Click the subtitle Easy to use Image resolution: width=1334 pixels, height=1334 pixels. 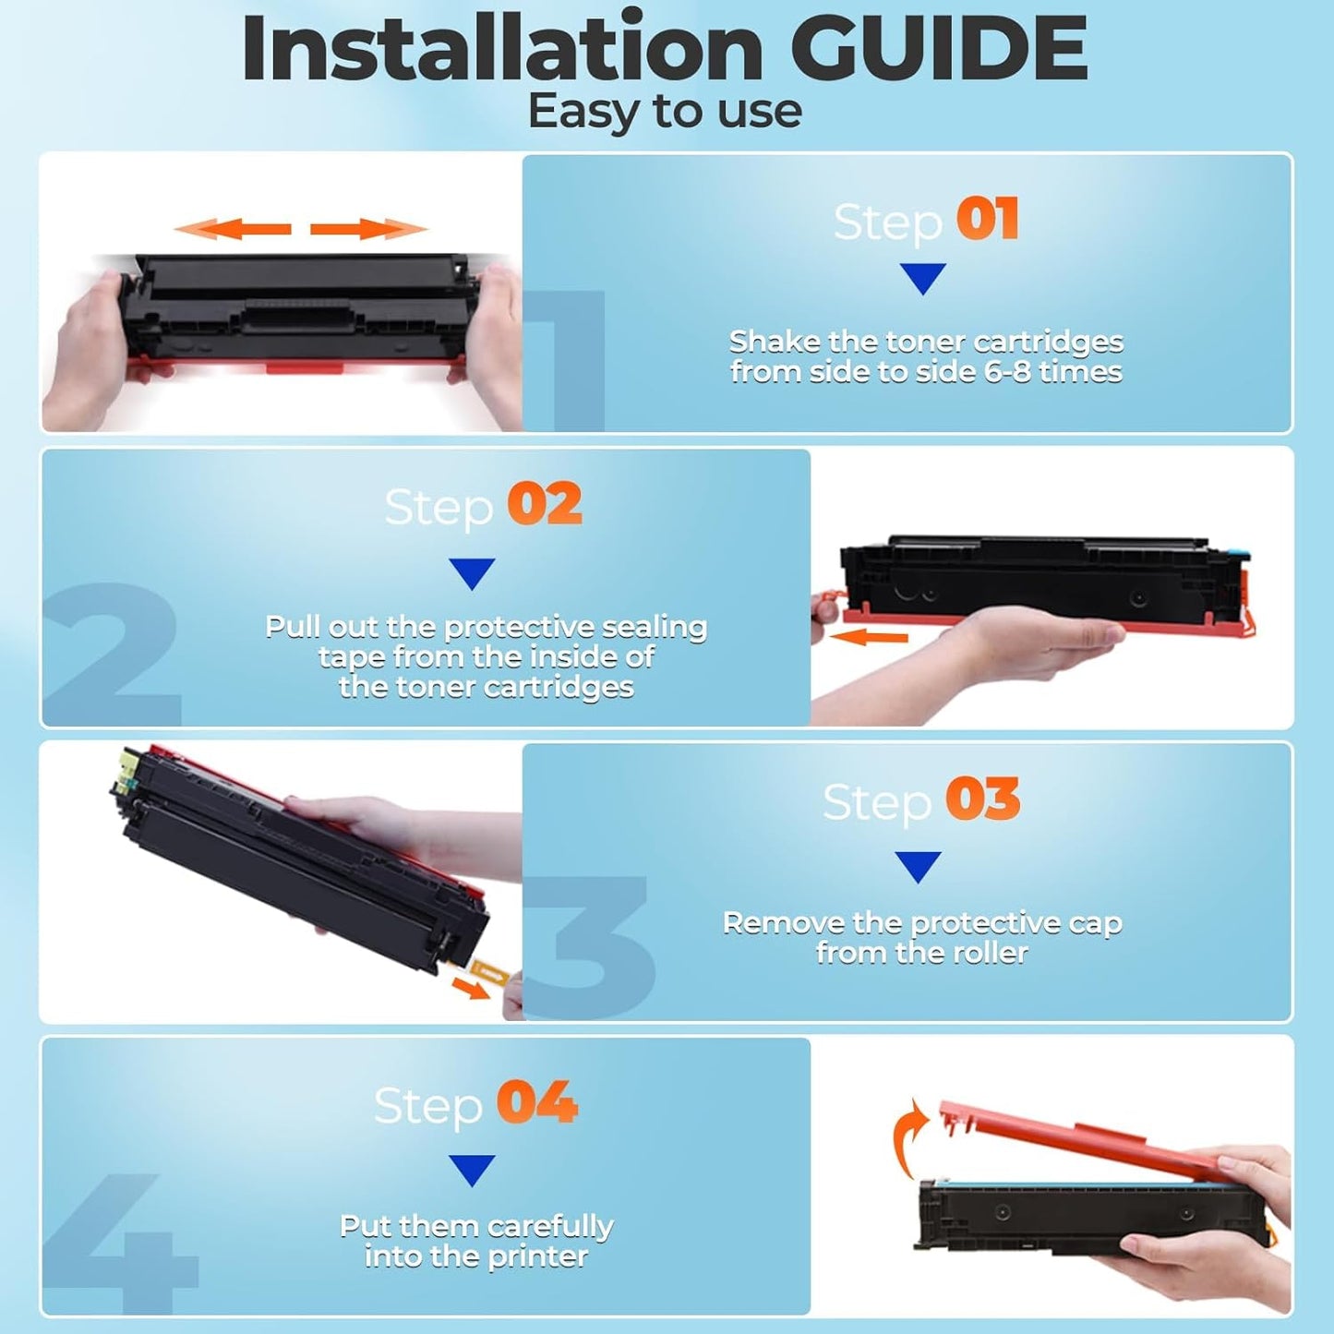(664, 112)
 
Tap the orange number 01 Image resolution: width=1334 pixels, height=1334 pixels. (987, 220)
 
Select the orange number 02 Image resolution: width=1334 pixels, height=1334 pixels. (545, 504)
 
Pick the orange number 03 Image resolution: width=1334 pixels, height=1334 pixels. (982, 799)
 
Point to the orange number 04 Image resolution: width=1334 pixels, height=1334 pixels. (536, 1102)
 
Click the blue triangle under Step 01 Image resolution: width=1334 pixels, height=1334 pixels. (922, 277)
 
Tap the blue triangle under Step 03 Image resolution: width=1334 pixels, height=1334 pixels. (918, 865)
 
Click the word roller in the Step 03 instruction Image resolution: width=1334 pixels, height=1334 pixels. (989, 953)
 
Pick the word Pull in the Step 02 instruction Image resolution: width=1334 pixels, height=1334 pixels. (292, 627)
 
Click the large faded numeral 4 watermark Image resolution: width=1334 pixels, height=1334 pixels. (120, 1237)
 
